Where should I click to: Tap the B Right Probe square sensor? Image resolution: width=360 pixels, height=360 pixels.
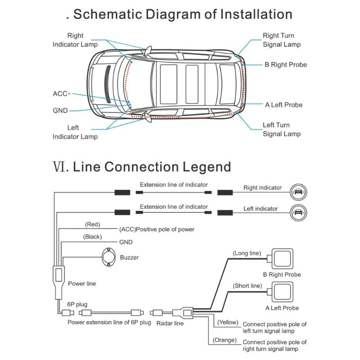click(282, 259)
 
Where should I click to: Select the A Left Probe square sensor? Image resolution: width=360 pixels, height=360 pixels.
click(282, 292)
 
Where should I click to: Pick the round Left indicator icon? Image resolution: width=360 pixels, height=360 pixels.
click(297, 211)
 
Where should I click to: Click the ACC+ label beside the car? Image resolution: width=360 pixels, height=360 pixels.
click(62, 94)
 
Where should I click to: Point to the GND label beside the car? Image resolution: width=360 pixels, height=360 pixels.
click(60, 110)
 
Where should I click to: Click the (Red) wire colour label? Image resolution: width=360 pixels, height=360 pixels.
click(92, 224)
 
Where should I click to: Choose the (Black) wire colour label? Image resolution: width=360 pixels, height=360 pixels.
click(92, 236)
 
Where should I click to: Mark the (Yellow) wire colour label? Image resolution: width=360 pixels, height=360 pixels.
click(228, 322)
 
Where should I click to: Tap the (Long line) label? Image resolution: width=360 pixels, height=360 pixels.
click(247, 253)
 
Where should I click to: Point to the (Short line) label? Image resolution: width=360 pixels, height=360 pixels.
click(247, 286)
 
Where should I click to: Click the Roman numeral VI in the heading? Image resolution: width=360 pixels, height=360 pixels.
click(60, 166)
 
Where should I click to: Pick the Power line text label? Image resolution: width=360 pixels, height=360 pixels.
click(82, 284)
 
